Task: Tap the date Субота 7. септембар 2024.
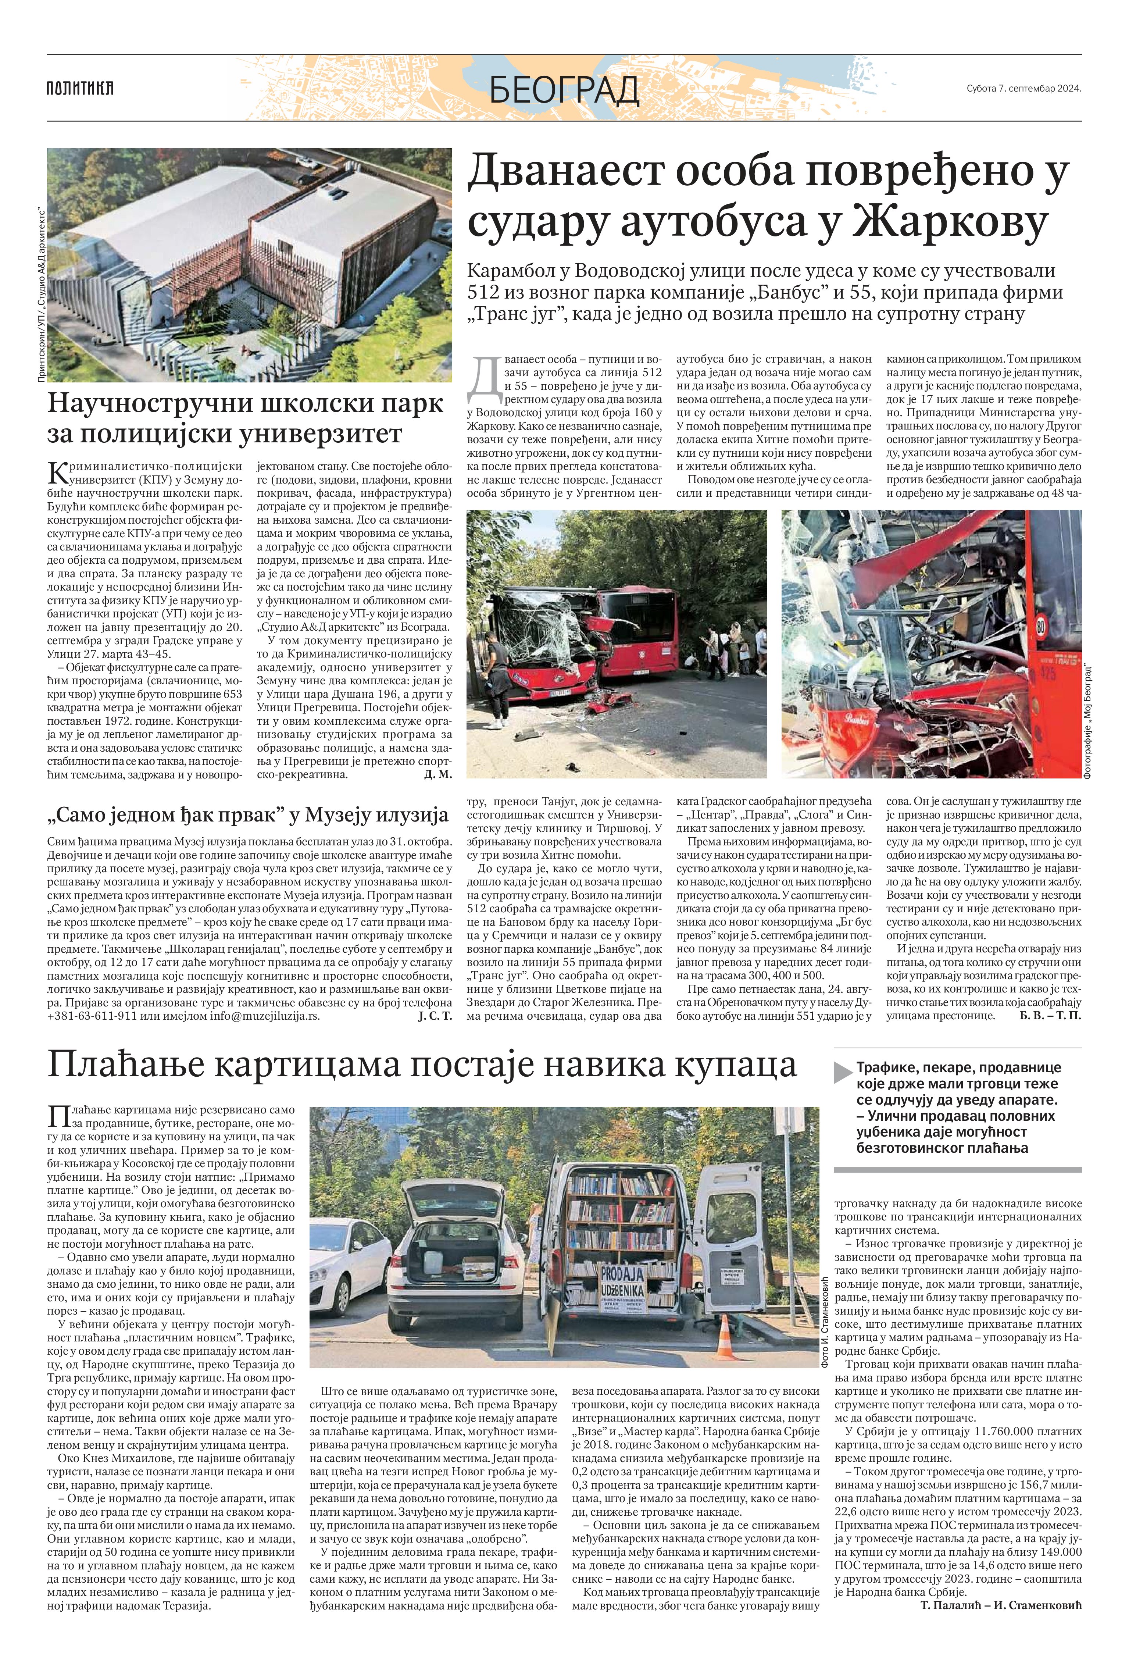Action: click(x=1023, y=89)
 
